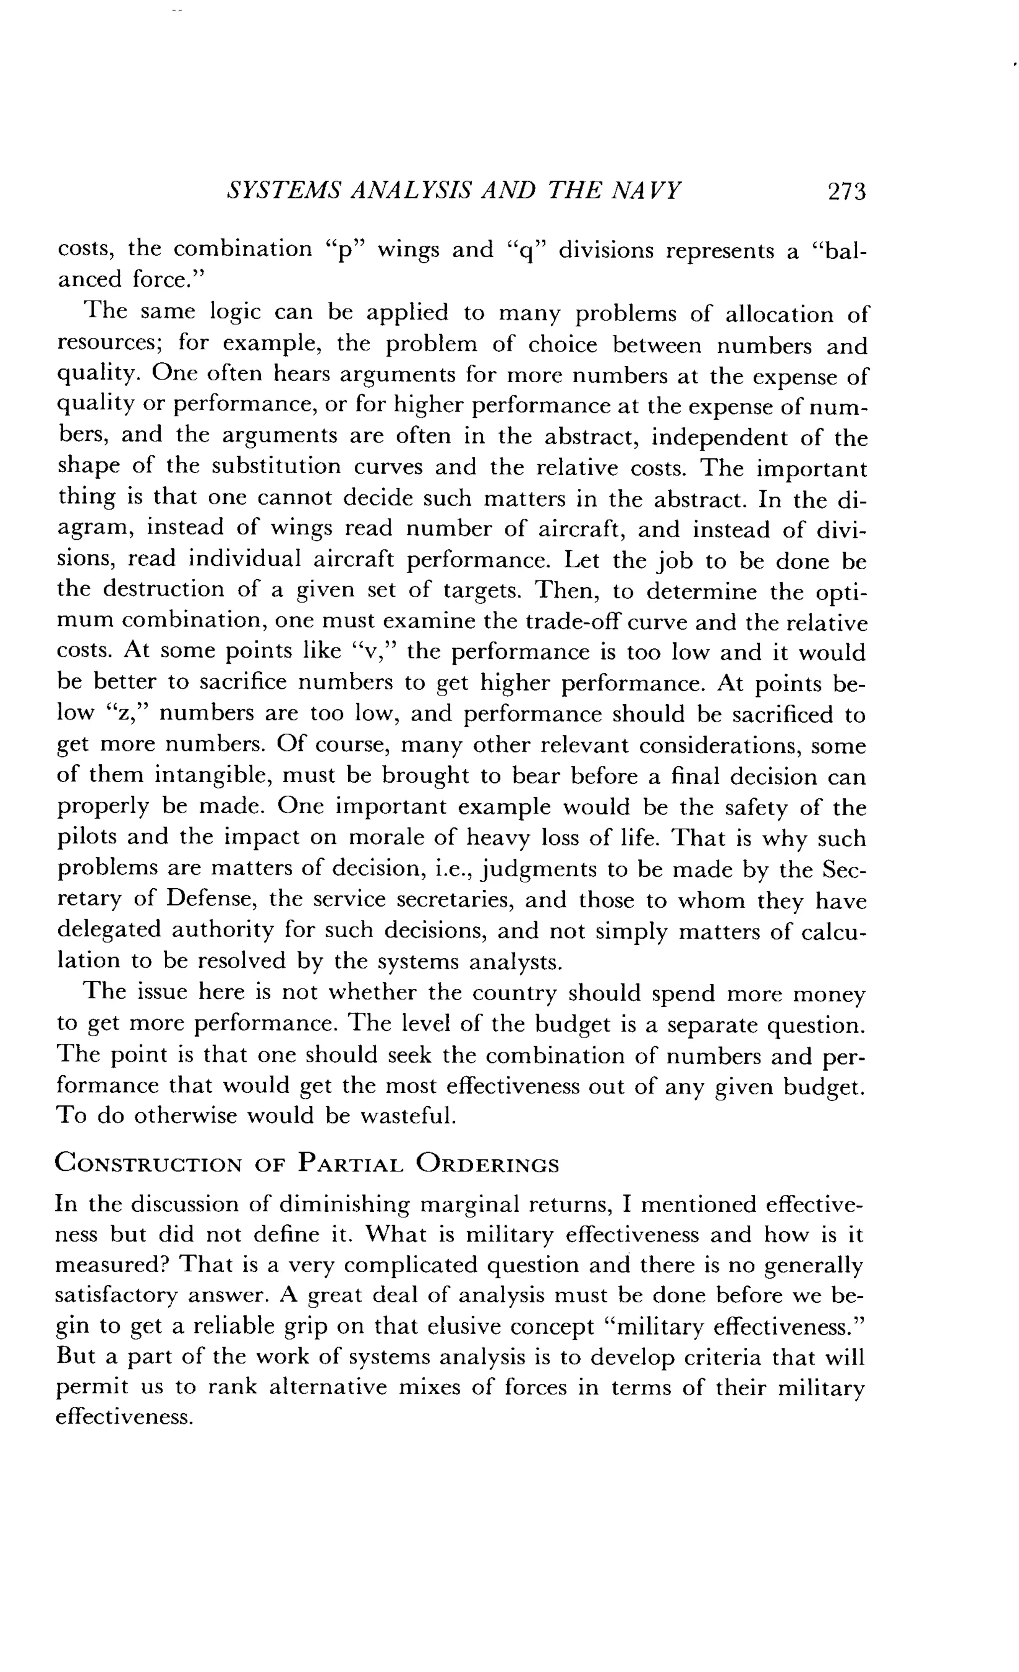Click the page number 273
847,192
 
